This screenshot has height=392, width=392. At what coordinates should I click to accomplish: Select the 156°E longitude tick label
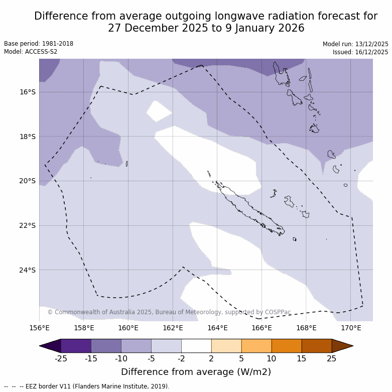(39, 328)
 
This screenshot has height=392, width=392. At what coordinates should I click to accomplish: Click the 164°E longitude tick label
(217, 328)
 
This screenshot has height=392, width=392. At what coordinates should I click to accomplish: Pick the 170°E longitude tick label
(351, 328)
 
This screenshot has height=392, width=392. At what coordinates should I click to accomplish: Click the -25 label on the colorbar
(61, 358)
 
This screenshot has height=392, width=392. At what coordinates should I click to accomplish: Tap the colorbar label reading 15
(302, 358)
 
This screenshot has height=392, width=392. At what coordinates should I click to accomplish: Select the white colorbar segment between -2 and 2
(196, 346)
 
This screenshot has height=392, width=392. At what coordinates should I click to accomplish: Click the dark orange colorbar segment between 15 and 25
(317, 346)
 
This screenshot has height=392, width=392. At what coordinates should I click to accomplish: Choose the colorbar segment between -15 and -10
(106, 346)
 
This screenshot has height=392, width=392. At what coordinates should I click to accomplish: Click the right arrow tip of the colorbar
(352, 346)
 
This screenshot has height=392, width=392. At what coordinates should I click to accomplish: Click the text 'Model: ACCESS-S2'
(31, 52)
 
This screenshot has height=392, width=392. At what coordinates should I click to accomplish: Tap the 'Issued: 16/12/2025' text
(360, 52)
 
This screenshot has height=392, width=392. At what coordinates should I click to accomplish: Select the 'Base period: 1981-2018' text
(39, 44)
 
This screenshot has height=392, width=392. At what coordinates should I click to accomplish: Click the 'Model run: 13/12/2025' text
(355, 44)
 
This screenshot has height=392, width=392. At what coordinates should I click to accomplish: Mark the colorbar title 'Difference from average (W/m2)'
(196, 372)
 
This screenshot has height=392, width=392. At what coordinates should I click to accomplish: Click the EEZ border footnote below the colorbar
(87, 386)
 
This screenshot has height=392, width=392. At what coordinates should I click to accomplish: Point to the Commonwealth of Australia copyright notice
(169, 312)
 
